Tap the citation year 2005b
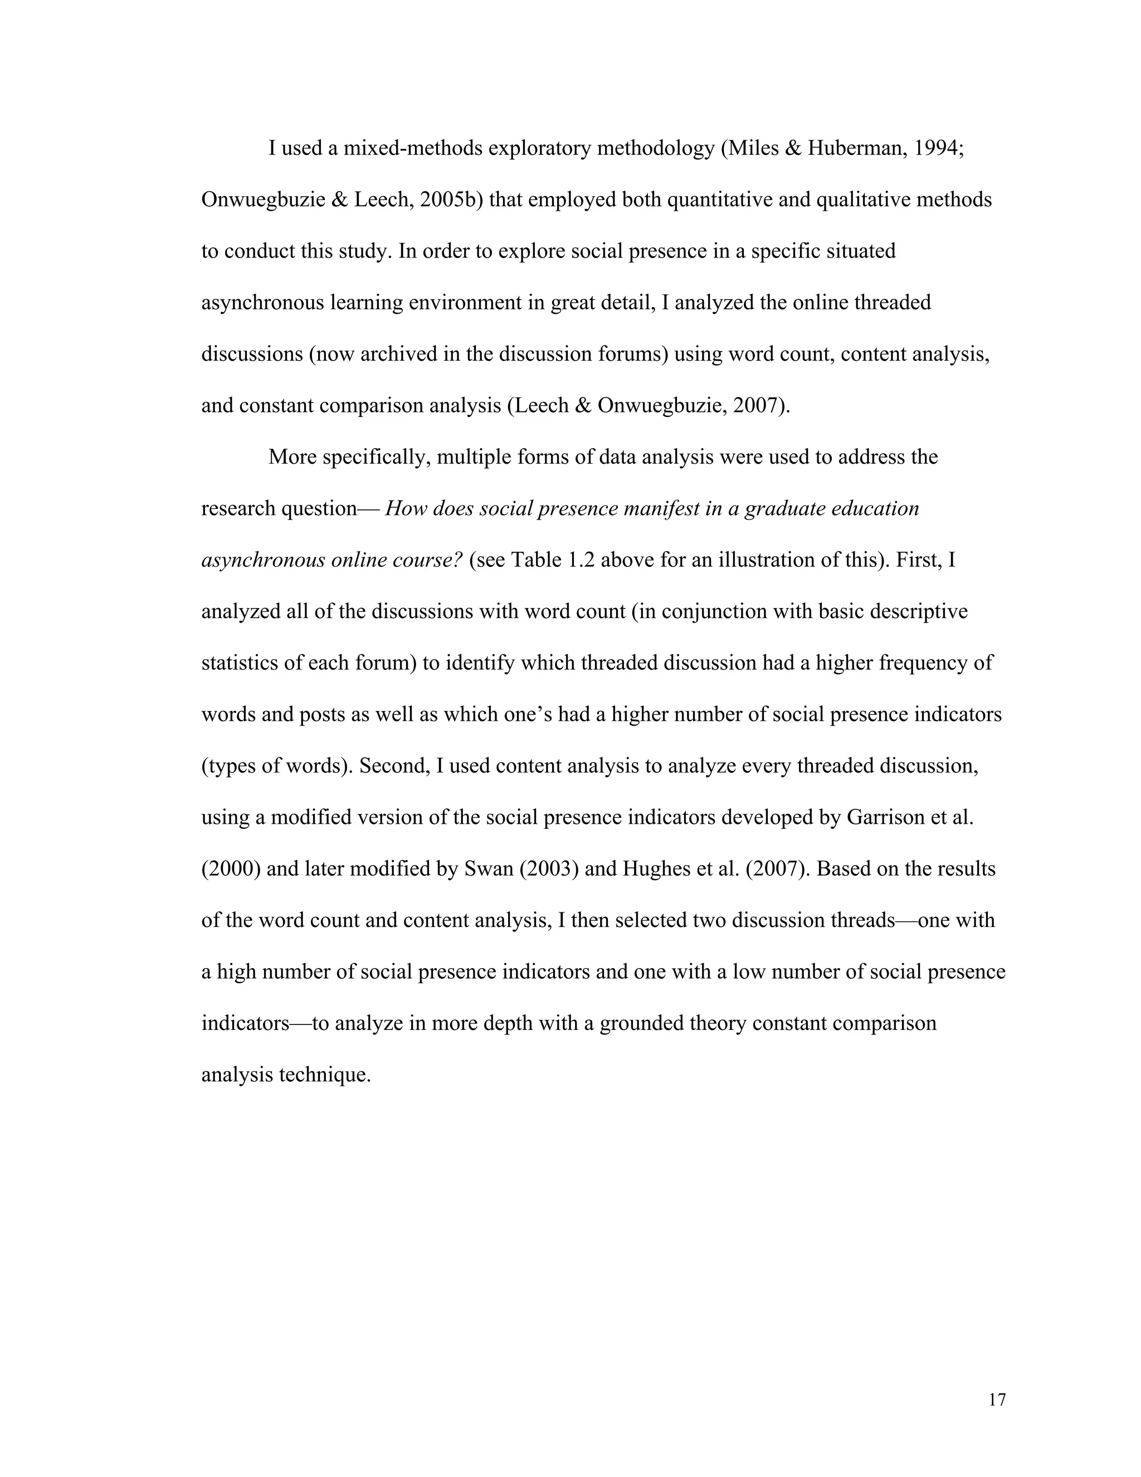[x=450, y=200]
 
